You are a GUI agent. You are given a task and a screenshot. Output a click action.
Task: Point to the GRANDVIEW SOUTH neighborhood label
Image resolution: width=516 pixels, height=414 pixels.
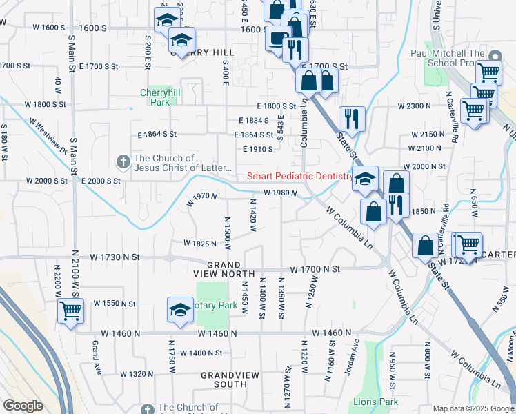pyautogui.click(x=224, y=379)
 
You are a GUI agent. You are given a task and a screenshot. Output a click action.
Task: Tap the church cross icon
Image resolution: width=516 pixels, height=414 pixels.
pyautogui.click(x=123, y=161)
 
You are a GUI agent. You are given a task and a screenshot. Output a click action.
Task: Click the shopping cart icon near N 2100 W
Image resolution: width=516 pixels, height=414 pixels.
pyautogui.click(x=70, y=311)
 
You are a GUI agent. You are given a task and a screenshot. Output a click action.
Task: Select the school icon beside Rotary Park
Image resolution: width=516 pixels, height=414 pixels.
pyautogui.click(x=180, y=309)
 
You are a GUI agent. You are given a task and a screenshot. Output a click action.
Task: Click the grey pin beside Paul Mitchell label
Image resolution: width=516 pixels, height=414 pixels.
pyautogui.click(x=493, y=55)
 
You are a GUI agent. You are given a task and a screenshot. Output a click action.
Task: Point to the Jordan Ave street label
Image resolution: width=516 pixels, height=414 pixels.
pyautogui.click(x=355, y=352)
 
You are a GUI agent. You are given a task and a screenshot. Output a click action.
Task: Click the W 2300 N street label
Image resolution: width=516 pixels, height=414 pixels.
pyautogui.click(x=415, y=106)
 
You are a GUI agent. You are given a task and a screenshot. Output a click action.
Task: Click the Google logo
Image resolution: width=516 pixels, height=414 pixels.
pyautogui.click(x=23, y=406)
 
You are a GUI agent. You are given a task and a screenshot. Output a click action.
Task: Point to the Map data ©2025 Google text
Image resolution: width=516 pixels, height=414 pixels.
pyautogui.click(x=472, y=408)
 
